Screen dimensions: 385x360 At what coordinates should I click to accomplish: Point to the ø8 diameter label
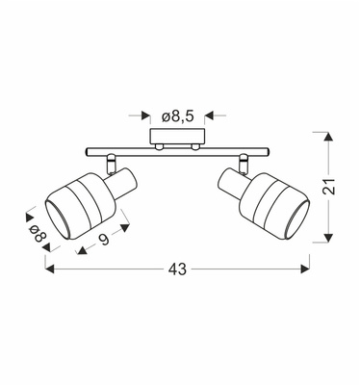37,237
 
